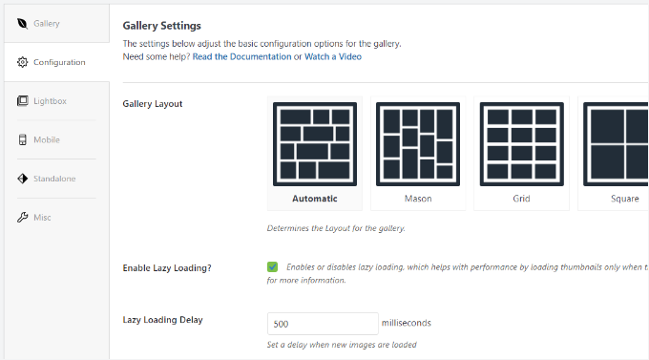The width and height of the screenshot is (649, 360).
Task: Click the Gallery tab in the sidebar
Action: pyautogui.click(x=47, y=23)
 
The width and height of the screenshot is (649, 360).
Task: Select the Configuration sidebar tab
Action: pyautogui.click(x=58, y=62)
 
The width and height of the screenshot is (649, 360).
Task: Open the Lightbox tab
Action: pyautogui.click(x=50, y=100)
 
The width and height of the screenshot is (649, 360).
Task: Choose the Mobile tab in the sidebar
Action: pyautogui.click(x=46, y=139)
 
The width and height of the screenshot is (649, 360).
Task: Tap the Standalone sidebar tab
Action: pyautogui.click(x=54, y=179)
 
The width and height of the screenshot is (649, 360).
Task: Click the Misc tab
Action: pyautogui.click(x=41, y=217)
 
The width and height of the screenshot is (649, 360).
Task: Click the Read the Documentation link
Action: pyautogui.click(x=241, y=56)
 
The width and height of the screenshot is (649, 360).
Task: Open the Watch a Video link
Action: pyautogui.click(x=333, y=56)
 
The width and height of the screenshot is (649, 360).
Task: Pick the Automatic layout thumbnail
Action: pyautogui.click(x=315, y=143)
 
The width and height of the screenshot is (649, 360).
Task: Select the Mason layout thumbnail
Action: pyautogui.click(x=417, y=143)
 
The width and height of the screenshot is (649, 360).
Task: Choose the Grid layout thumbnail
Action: pyautogui.click(x=520, y=143)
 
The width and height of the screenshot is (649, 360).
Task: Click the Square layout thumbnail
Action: pyautogui.click(x=616, y=143)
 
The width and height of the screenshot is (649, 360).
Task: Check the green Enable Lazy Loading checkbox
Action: pyautogui.click(x=273, y=267)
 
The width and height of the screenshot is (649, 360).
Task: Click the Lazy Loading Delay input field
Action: pyautogui.click(x=322, y=324)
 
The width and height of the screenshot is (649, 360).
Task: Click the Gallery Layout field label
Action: pyautogui.click(x=153, y=103)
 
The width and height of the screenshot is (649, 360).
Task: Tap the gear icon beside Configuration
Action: pyautogui.click(x=22, y=62)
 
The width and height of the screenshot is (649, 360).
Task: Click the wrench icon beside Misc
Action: pyautogui.click(x=22, y=217)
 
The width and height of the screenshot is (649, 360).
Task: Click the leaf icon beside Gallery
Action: pyautogui.click(x=22, y=23)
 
